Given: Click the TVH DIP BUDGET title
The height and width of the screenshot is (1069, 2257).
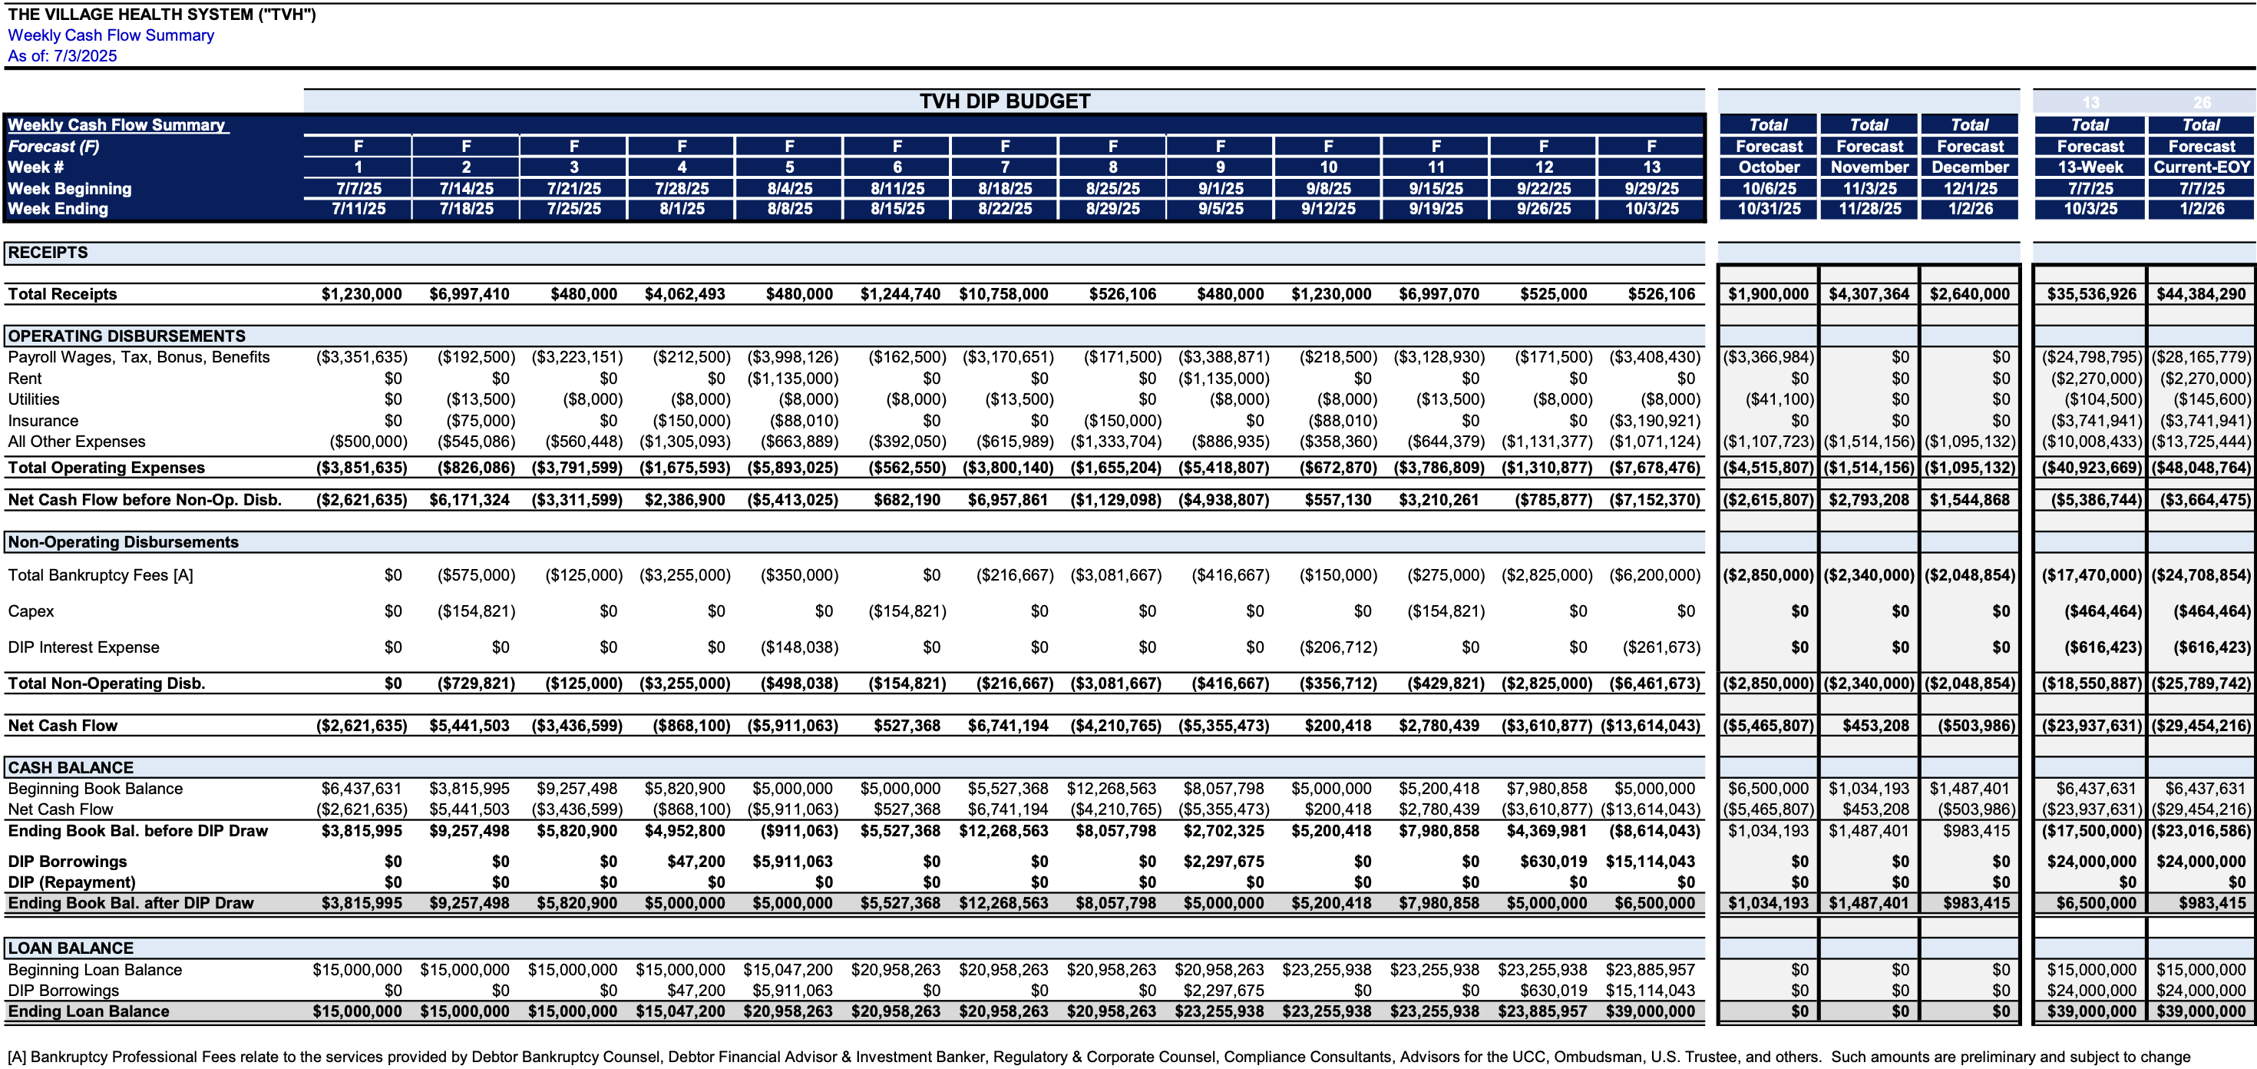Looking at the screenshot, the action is click(1004, 101).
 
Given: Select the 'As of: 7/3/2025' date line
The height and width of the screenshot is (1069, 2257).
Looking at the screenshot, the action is click(62, 56).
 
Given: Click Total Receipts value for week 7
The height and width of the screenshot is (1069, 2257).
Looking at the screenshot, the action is click(1003, 294).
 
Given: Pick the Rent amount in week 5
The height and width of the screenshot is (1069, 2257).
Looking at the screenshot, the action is click(792, 379).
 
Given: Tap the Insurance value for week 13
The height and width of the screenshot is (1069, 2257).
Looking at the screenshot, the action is click(1654, 421).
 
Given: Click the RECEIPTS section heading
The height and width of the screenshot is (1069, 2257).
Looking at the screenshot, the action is click(48, 253).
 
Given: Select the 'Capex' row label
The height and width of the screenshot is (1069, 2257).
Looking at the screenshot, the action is click(31, 611).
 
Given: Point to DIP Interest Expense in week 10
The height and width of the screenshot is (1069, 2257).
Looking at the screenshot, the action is click(1338, 647).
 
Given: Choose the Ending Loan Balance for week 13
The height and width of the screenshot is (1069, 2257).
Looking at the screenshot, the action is click(1650, 1011).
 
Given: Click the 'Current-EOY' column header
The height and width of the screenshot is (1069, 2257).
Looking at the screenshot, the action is click(2201, 167).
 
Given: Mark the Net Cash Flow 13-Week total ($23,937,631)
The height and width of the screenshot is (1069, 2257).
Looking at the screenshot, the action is click(2091, 726).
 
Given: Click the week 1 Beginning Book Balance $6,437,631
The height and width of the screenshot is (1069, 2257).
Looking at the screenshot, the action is click(361, 789).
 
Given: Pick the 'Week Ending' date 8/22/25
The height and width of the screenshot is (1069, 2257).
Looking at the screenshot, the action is click(1005, 210).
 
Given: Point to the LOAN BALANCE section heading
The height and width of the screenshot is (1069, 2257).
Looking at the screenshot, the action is click(71, 948).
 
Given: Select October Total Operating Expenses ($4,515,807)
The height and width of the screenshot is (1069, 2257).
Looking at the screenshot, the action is click(1768, 468).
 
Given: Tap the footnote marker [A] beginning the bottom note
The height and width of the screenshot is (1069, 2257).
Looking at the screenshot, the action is click(17, 1057).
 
